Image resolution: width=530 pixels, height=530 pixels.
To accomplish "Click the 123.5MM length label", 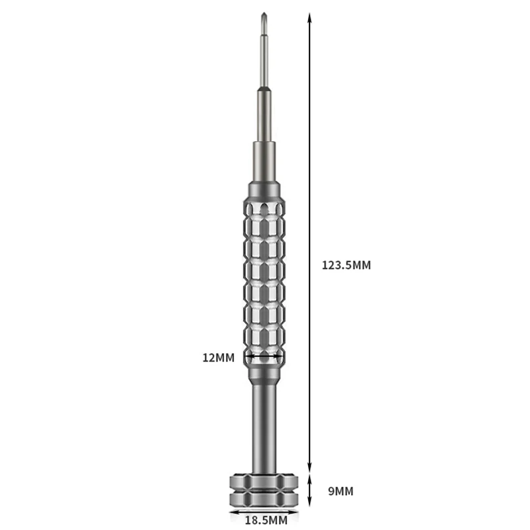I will pos(346,265).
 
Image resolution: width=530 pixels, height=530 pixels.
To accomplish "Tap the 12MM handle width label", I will pos(219,358).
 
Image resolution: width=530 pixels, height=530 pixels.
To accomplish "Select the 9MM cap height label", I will pos(340,491).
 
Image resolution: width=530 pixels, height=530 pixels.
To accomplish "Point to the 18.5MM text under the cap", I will pos(265,521).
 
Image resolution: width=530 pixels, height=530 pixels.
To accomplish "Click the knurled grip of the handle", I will pos(265,278).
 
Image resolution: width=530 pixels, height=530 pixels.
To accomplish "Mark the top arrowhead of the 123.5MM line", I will pos(309,17).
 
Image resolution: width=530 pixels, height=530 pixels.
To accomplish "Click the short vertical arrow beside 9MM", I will pos(309,491).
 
